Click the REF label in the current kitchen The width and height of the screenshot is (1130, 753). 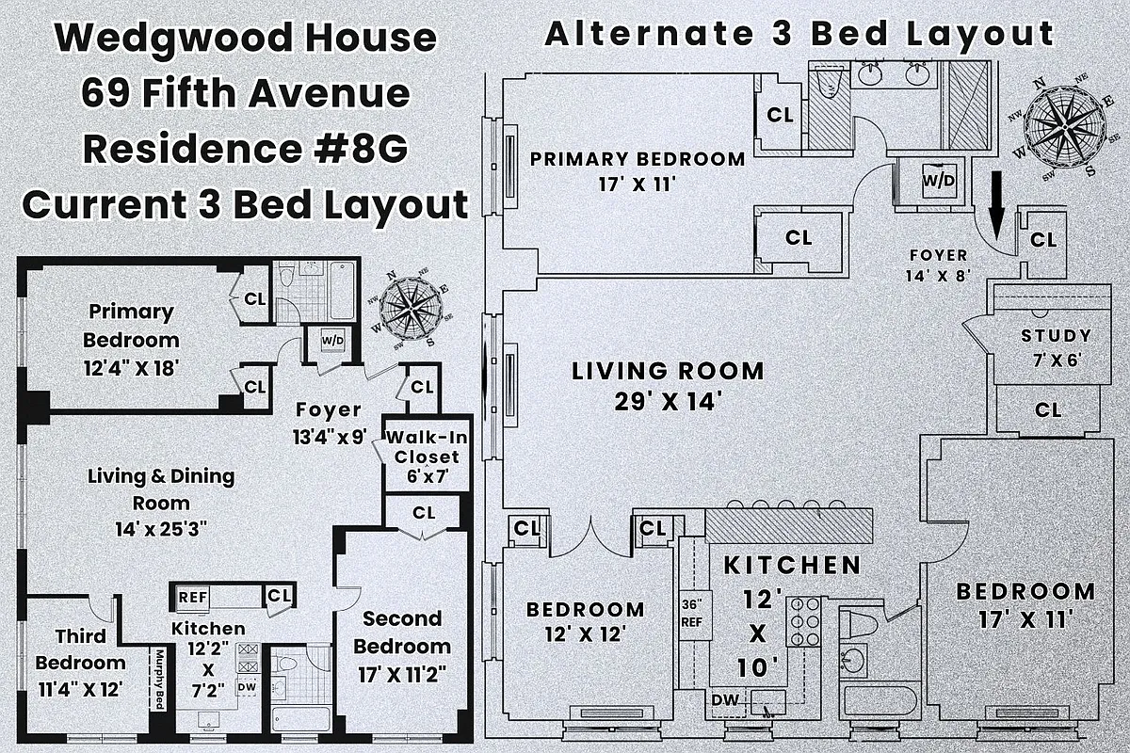pyautogui.click(x=193, y=596)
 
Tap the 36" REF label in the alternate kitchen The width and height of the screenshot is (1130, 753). pyautogui.click(x=693, y=614)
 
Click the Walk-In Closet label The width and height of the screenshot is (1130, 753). pyautogui.click(x=423, y=457)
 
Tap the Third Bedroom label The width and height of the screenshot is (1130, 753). pyautogui.click(x=80, y=649)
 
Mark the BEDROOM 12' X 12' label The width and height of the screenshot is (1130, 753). pyautogui.click(x=585, y=622)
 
